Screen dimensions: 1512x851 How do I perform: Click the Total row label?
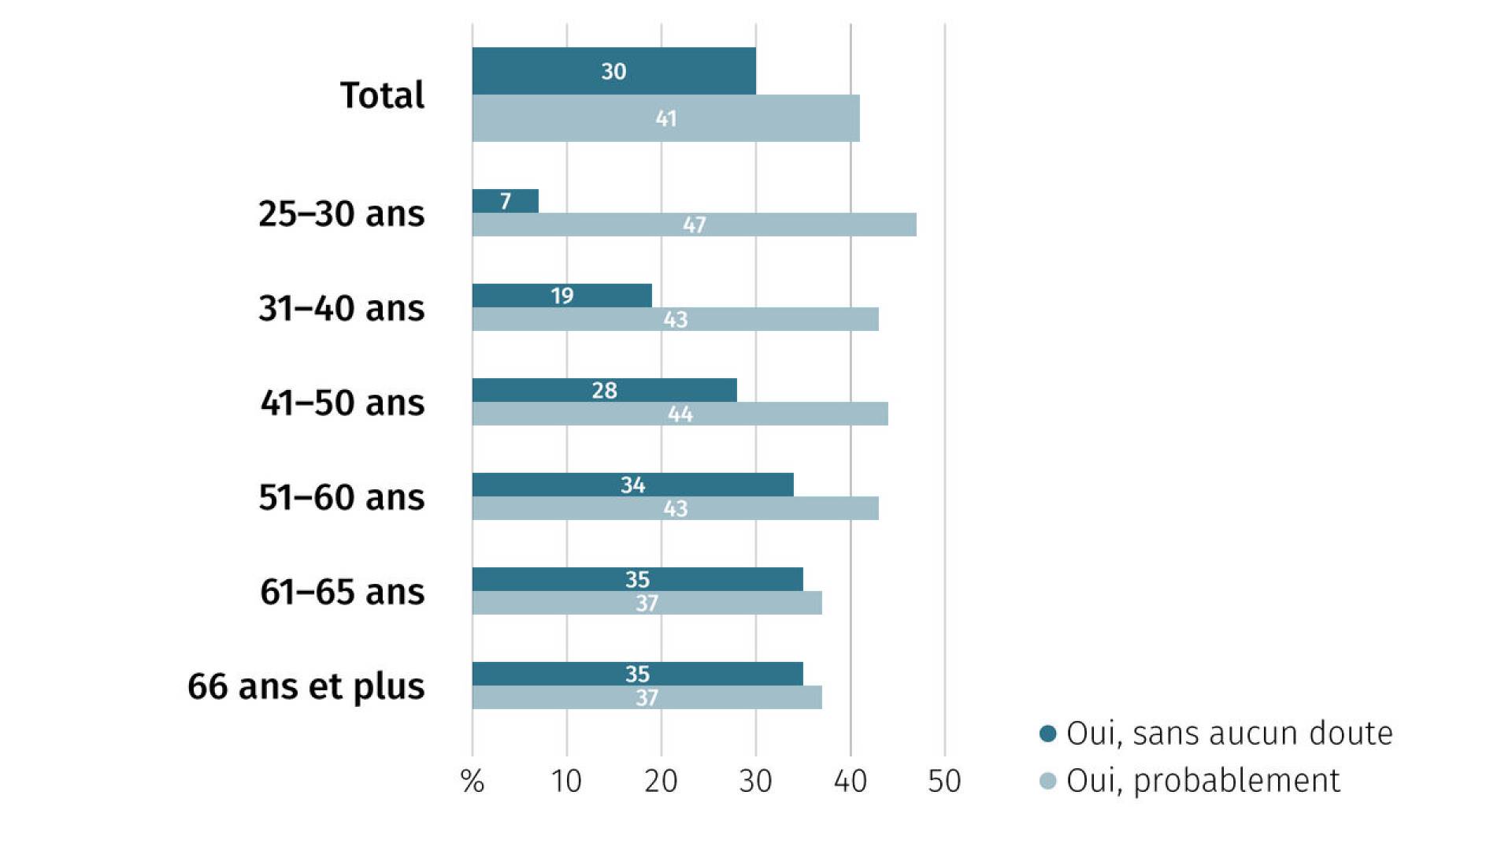[x=382, y=95]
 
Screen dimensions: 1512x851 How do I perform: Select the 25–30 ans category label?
[x=341, y=214]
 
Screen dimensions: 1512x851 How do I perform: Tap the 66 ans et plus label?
[x=306, y=686]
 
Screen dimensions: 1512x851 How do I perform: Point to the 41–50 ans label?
[x=342, y=403]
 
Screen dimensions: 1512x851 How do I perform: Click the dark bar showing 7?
[x=506, y=201]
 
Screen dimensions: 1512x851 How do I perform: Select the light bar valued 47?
[x=695, y=225]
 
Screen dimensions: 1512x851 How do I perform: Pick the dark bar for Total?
[x=614, y=71]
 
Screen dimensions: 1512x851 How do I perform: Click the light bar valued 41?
[x=666, y=118]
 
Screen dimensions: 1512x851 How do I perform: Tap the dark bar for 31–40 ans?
[x=562, y=295]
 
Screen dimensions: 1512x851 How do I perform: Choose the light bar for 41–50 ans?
[x=680, y=414]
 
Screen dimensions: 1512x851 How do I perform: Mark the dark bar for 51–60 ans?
[x=633, y=485]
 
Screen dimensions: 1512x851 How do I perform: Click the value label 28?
[x=604, y=390]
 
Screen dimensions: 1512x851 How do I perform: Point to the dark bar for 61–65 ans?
[x=638, y=579]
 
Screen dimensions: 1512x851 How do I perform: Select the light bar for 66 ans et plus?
[x=647, y=697]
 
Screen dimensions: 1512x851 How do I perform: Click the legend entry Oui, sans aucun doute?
[x=1217, y=734]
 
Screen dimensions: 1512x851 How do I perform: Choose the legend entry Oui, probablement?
[x=1190, y=781]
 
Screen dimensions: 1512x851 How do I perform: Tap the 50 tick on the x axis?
[x=944, y=781]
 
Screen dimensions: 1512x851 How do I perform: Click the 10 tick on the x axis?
[x=566, y=781]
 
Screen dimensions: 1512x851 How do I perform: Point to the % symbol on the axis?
[x=472, y=781]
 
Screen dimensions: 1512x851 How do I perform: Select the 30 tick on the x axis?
[x=755, y=781]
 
